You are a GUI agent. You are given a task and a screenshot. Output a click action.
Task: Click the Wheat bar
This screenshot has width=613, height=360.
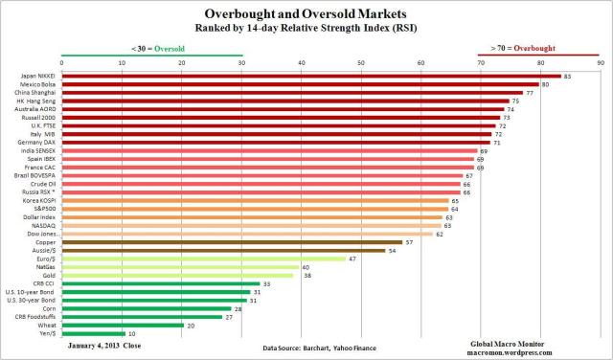point(123,325)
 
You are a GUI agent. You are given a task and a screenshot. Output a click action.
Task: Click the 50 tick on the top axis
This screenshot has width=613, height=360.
point(361,63)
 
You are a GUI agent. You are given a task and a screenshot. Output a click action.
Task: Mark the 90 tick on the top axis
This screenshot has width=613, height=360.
point(601,63)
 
